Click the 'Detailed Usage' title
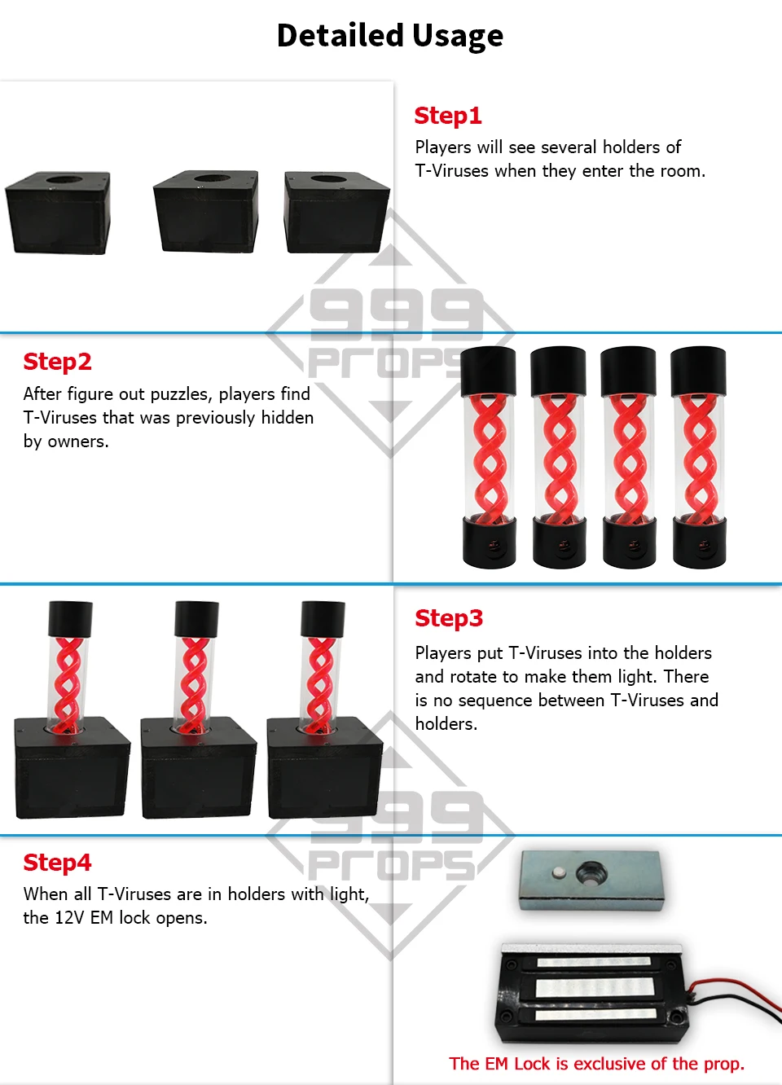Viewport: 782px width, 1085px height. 390,36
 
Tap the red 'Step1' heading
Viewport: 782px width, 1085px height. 448,116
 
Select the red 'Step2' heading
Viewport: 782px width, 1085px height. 57,362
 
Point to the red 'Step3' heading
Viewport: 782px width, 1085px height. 449,618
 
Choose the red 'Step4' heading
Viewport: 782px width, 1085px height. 57,863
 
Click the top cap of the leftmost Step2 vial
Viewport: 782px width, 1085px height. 488,371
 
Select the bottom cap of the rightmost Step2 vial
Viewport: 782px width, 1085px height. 699,542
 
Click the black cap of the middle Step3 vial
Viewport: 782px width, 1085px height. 196,619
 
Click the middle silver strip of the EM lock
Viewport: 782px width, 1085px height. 595,987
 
